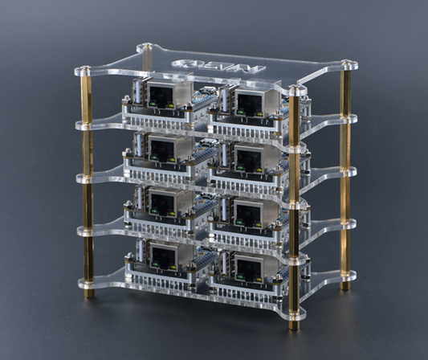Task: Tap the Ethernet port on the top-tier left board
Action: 161,97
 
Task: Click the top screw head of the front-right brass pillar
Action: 297,90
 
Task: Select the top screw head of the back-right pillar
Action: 346,64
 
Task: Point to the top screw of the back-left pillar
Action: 145,47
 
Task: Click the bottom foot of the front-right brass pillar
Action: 295,325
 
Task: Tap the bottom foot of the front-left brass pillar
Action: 88,292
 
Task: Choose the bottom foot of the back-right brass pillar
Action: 344,284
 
